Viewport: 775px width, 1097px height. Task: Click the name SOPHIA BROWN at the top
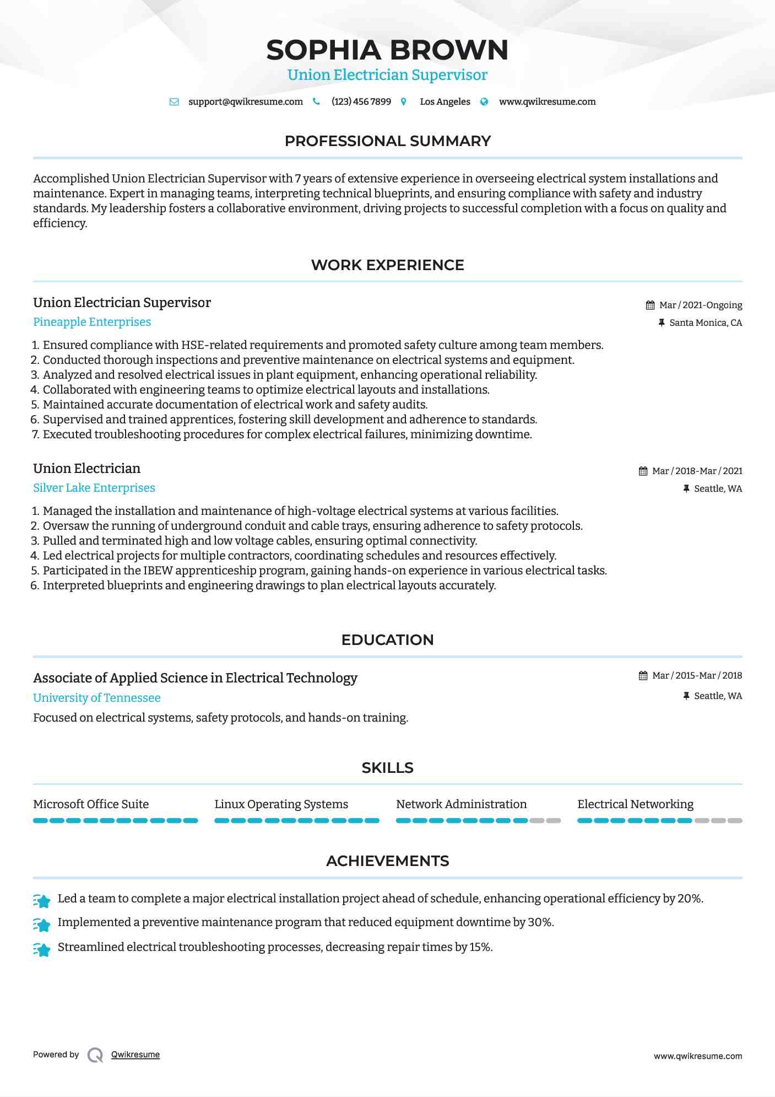[387, 50]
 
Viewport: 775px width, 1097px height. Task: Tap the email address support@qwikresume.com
[245, 102]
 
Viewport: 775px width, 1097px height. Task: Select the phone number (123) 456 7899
[361, 102]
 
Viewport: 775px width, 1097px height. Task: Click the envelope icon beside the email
[174, 102]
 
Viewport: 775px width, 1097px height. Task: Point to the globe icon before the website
[484, 102]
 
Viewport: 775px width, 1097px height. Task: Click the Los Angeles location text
[445, 102]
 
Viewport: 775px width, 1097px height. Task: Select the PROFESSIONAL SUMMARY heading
[387, 141]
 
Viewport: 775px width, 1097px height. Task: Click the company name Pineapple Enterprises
[92, 322]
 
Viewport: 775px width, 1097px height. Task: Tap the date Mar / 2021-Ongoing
[700, 305]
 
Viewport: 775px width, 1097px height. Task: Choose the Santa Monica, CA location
[705, 323]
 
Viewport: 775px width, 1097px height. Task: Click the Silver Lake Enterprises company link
[94, 488]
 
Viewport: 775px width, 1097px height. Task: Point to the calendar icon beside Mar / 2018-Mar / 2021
[643, 471]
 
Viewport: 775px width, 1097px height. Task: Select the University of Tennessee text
[97, 698]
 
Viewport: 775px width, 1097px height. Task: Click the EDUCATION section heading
[387, 640]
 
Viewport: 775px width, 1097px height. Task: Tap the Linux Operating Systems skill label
[281, 804]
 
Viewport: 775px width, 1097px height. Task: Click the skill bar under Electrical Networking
[659, 821]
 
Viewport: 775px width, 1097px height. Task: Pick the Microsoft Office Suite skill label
[91, 804]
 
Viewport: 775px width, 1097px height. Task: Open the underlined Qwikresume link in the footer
[136, 1055]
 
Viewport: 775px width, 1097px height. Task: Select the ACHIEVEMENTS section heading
[387, 861]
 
